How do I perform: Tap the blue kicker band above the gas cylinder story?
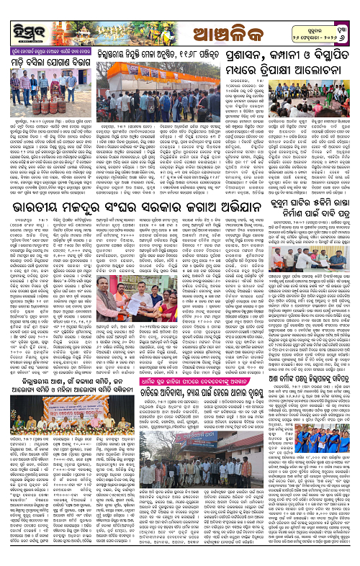[x=46, y=53]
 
